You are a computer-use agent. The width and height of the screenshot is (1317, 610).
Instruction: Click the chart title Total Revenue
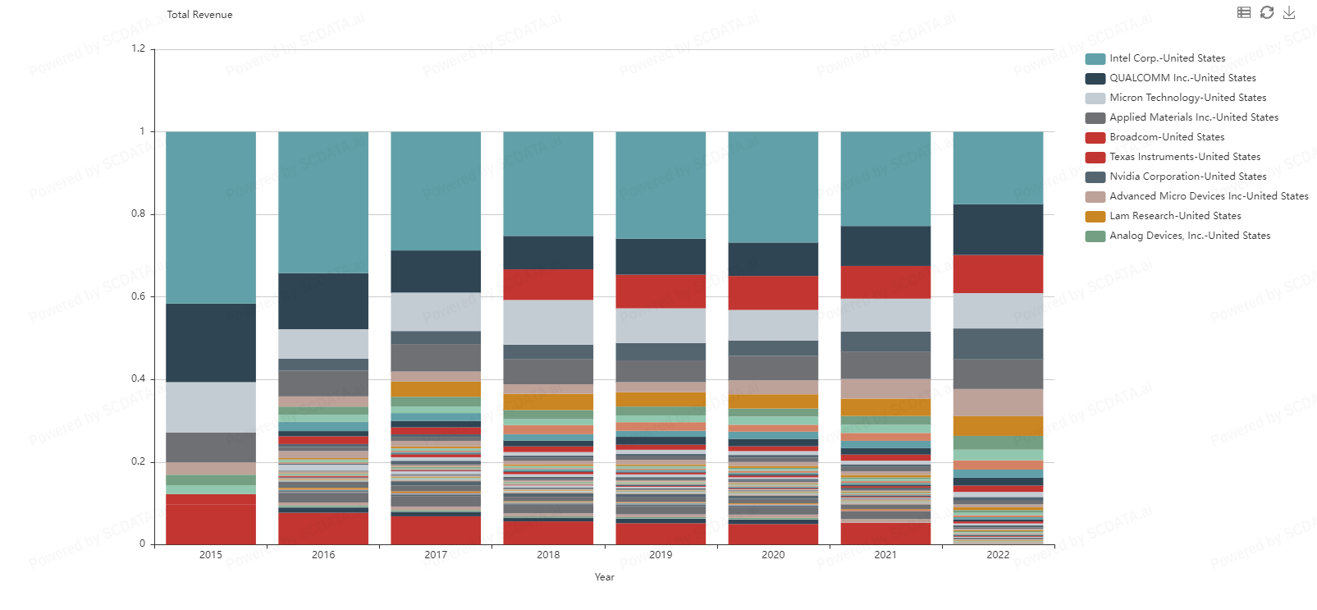pos(199,15)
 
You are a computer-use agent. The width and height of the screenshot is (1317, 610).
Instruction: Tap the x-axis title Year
pos(604,577)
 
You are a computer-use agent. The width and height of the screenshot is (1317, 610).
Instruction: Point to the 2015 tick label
pos(211,555)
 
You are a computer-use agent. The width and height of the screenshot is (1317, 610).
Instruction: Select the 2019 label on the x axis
pos(661,555)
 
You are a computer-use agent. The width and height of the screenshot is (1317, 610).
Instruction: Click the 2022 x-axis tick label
pos(998,555)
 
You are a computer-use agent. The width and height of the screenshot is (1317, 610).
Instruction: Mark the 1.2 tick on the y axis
pos(138,48)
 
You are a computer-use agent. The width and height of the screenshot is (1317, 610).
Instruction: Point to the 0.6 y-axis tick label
pos(138,296)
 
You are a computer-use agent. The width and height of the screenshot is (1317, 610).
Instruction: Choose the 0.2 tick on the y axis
pos(138,461)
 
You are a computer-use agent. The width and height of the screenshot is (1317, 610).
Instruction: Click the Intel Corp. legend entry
pos(1167,58)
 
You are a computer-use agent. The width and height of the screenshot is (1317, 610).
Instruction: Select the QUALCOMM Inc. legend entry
pos(1182,78)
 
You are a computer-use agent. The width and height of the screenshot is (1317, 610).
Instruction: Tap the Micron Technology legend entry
pos(1187,98)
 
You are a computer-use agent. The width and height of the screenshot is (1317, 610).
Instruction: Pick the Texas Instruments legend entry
pos(1185,157)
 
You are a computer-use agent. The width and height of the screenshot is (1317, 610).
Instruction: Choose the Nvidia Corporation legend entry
pos(1187,177)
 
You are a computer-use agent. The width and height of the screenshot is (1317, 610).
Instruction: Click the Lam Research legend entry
pos(1175,216)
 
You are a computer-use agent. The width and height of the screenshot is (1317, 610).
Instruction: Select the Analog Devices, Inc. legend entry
pos(1190,236)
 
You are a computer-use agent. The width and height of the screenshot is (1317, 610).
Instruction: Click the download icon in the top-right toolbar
pos(1289,12)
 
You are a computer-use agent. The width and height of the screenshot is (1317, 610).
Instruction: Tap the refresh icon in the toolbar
pos(1267,12)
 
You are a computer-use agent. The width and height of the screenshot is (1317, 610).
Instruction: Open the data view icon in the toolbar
pos(1244,12)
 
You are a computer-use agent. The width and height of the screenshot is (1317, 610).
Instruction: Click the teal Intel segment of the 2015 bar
pos(211,218)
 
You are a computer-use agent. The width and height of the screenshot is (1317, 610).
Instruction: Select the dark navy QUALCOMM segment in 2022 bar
pos(998,229)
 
